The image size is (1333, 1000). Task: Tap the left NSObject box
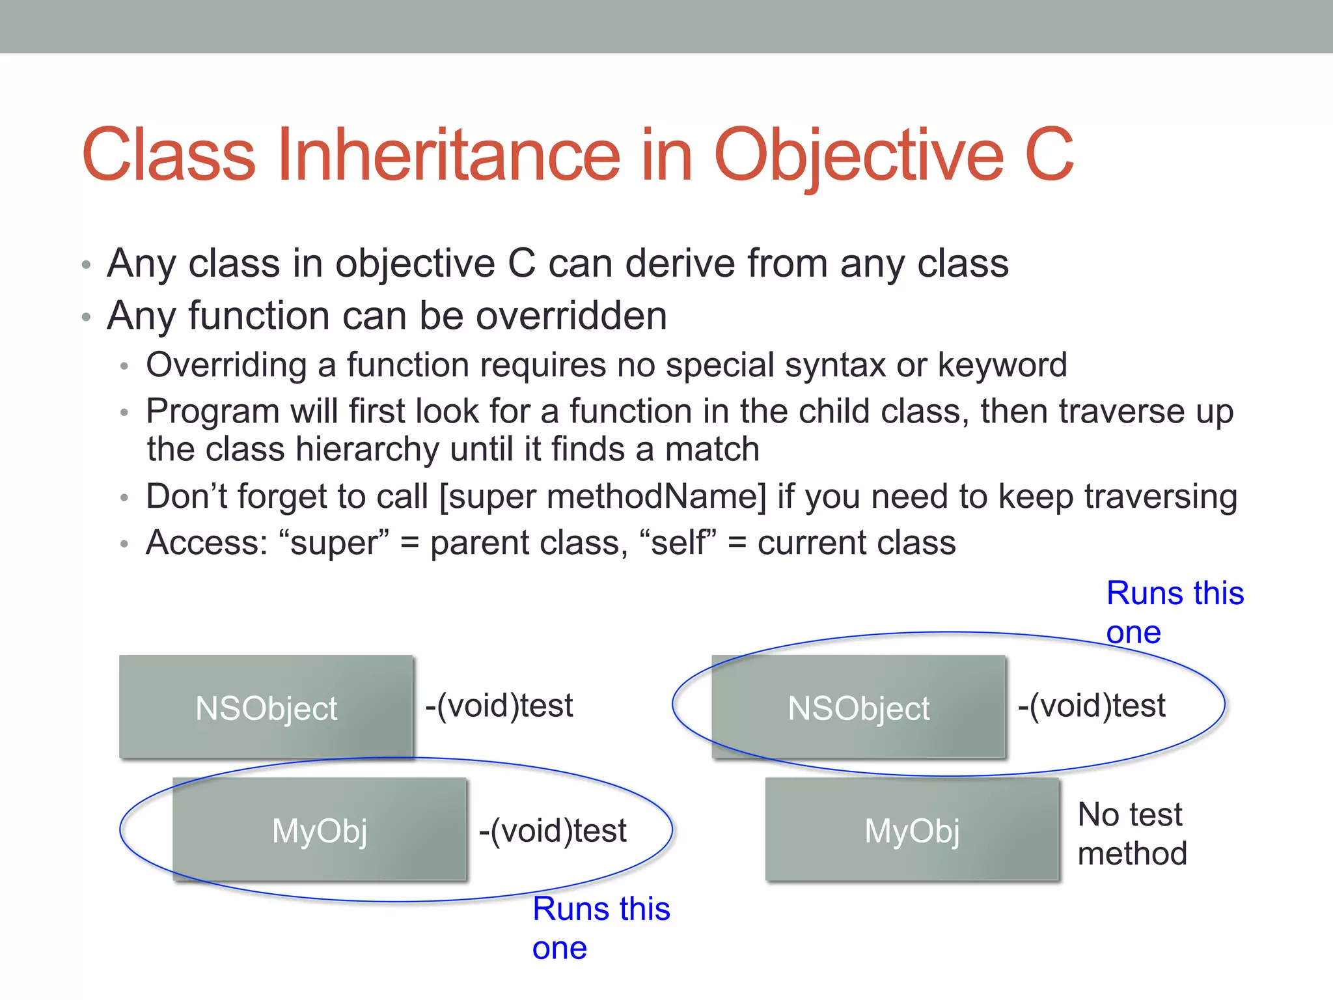(266, 708)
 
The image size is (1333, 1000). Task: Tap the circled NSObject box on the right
(859, 708)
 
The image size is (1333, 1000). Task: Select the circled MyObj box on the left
(320, 830)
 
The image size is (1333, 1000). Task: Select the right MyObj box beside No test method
(912, 830)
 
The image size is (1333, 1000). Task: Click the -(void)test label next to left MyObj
(553, 831)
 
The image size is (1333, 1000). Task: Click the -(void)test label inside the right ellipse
(1092, 706)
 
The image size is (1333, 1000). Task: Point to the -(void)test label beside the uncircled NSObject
(499, 706)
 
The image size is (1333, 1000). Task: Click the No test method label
(1132, 833)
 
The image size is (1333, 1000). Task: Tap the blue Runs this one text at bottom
(600, 928)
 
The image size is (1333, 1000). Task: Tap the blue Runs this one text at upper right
(1175, 612)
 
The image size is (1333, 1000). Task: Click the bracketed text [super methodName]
(603, 497)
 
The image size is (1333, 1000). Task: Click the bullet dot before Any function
(86, 318)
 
